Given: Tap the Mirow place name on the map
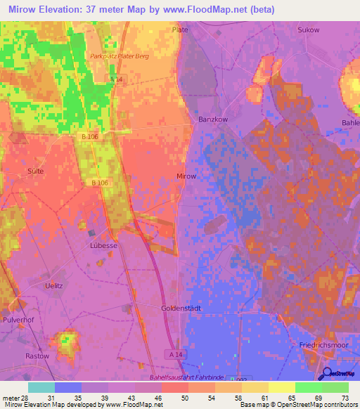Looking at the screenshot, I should (186, 176).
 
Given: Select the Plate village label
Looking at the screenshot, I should (181, 30).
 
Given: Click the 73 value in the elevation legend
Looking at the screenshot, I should (345, 397).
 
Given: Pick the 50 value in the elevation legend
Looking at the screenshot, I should (184, 397).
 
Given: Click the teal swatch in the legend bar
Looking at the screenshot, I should (41, 387).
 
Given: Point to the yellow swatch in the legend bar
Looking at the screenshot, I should (281, 387).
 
